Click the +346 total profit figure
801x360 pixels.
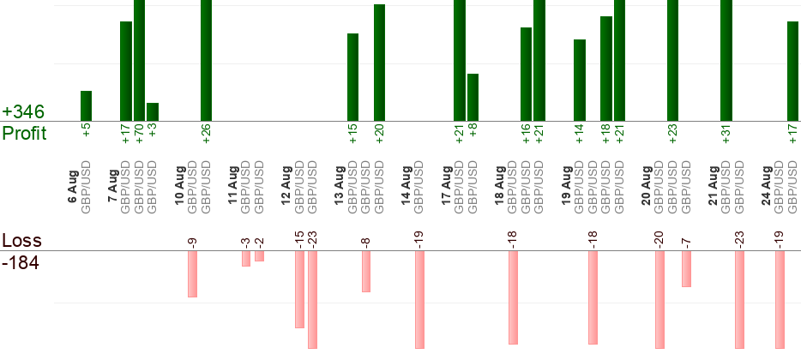tap(23, 111)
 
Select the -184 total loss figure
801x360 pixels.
tap(21, 263)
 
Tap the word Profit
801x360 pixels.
tap(25, 133)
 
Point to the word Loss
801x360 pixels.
tap(22, 240)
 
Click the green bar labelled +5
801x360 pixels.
tap(87, 106)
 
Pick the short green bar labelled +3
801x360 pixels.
tap(153, 112)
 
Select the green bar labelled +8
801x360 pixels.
tap(473, 98)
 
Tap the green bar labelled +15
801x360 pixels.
tap(353, 78)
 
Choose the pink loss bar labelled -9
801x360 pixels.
tap(193, 273)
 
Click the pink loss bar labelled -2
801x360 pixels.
tap(260, 255)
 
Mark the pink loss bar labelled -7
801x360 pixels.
tap(687, 268)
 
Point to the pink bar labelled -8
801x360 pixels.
tap(366, 271)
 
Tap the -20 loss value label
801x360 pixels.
tap(659, 239)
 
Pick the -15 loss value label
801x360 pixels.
tap(299, 239)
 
